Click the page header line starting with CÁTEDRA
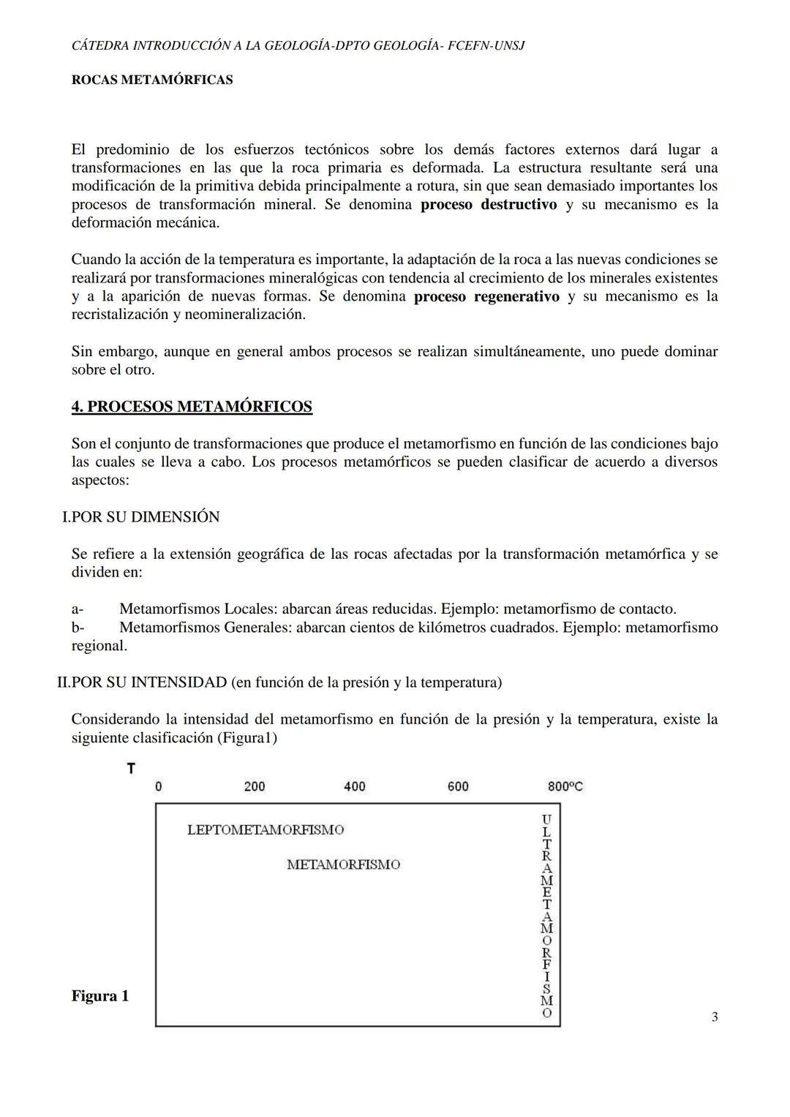[298, 45]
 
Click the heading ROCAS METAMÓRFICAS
[152, 80]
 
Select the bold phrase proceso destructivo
[489, 204]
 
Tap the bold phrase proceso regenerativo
[486, 296]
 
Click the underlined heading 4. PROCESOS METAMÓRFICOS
[192, 407]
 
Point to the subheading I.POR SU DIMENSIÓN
[141, 517]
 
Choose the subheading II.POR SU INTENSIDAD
[279, 682]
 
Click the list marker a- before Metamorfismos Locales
[78, 609]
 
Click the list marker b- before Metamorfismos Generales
[78, 628]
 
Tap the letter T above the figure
[131, 768]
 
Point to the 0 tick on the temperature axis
[159, 787]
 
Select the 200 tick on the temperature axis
[255, 787]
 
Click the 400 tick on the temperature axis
[355, 787]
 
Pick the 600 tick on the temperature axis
[458, 787]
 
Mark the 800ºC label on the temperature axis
[565, 787]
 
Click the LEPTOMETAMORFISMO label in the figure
[266, 830]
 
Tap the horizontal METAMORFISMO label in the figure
[343, 865]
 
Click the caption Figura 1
[100, 996]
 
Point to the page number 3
[714, 1017]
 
